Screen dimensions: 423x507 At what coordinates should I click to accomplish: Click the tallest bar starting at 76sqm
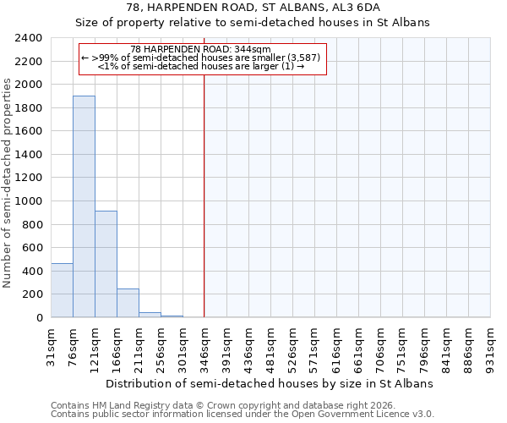pyautogui.click(x=84, y=206)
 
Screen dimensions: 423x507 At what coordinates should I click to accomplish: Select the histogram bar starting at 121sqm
pyautogui.click(x=106, y=264)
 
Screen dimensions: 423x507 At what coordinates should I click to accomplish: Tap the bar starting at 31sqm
pyautogui.click(x=62, y=290)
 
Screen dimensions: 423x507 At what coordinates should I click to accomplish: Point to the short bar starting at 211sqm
pyautogui.click(x=150, y=315)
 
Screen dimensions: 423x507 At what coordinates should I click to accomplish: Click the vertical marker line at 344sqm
pyautogui.click(x=204, y=195)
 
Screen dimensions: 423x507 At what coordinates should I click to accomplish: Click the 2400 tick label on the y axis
pyautogui.click(x=29, y=38)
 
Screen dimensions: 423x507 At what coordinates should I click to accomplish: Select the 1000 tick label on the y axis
pyautogui.click(x=29, y=201)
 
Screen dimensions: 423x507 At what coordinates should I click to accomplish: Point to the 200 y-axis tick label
pyautogui.click(x=32, y=294)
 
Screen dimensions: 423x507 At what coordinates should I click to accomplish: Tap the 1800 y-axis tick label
pyautogui.click(x=29, y=108)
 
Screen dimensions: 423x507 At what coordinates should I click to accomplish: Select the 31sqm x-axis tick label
pyautogui.click(x=51, y=344)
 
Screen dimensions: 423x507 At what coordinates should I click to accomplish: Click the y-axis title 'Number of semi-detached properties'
pyautogui.click(x=8, y=183)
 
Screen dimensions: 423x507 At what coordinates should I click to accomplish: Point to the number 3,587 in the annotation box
pyautogui.click(x=303, y=58)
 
